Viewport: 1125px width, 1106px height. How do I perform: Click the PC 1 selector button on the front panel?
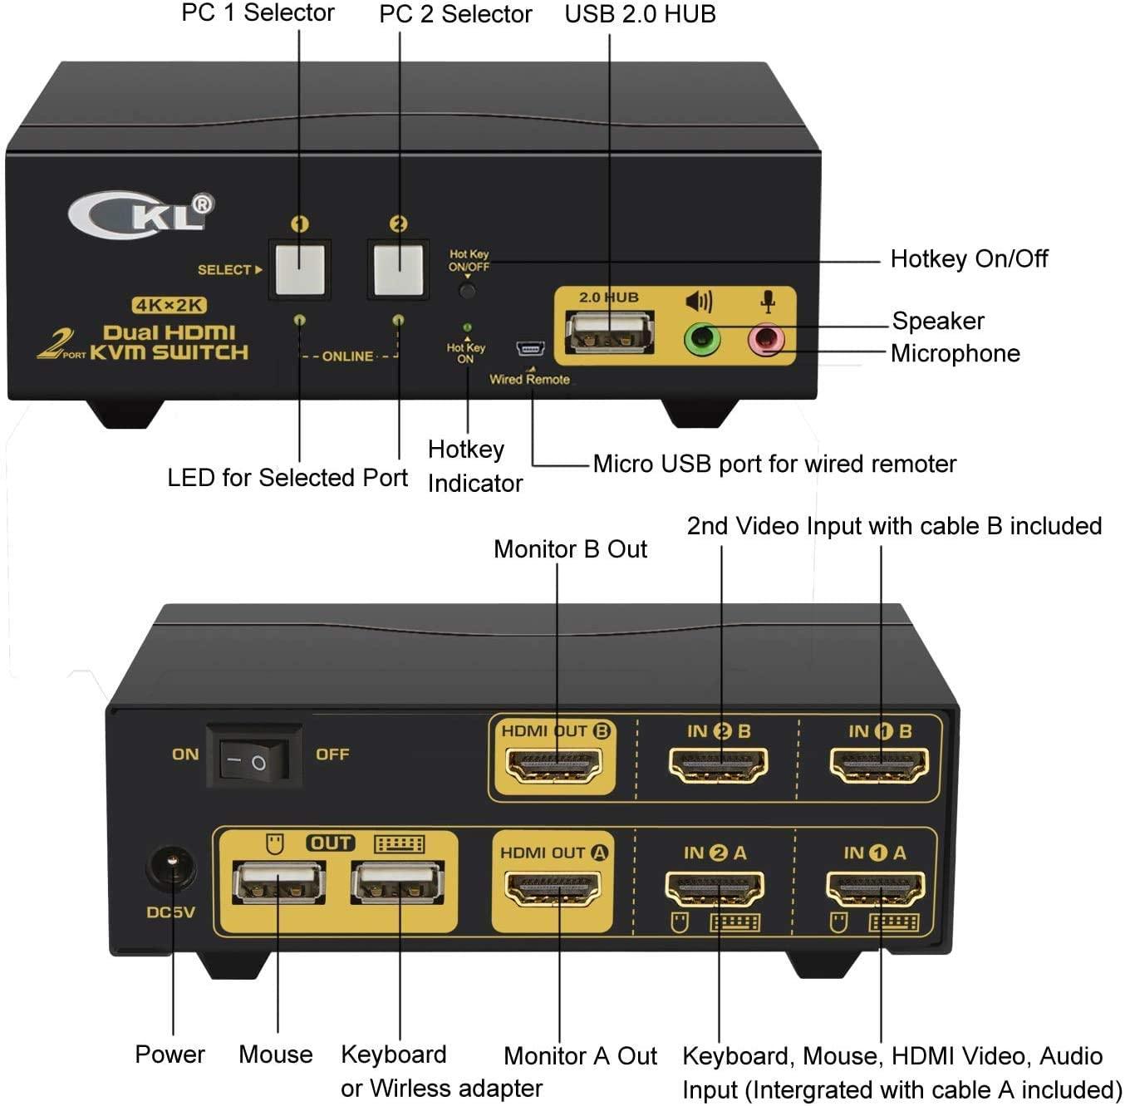(x=299, y=268)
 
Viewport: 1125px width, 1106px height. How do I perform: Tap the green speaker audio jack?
(x=701, y=338)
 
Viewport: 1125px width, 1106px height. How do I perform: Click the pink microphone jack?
(x=765, y=339)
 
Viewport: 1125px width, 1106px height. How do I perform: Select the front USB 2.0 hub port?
(x=610, y=332)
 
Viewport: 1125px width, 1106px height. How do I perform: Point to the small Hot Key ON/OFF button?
(x=468, y=291)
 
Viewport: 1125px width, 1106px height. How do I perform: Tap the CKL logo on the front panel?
(x=140, y=214)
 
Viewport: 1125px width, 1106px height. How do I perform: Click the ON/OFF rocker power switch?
(x=254, y=759)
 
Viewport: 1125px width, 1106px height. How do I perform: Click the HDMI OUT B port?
(x=553, y=765)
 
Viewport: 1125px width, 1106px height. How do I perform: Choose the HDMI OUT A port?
(x=553, y=887)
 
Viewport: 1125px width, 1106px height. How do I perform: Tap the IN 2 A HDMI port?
(x=715, y=887)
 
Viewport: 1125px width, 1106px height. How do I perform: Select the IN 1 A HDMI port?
(x=876, y=887)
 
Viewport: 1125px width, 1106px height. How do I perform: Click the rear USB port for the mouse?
(x=278, y=882)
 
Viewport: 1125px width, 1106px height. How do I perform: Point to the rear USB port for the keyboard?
(x=397, y=882)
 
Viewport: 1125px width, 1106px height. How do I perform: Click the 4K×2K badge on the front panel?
(x=169, y=305)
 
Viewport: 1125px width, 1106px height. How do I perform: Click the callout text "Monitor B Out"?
(x=570, y=549)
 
